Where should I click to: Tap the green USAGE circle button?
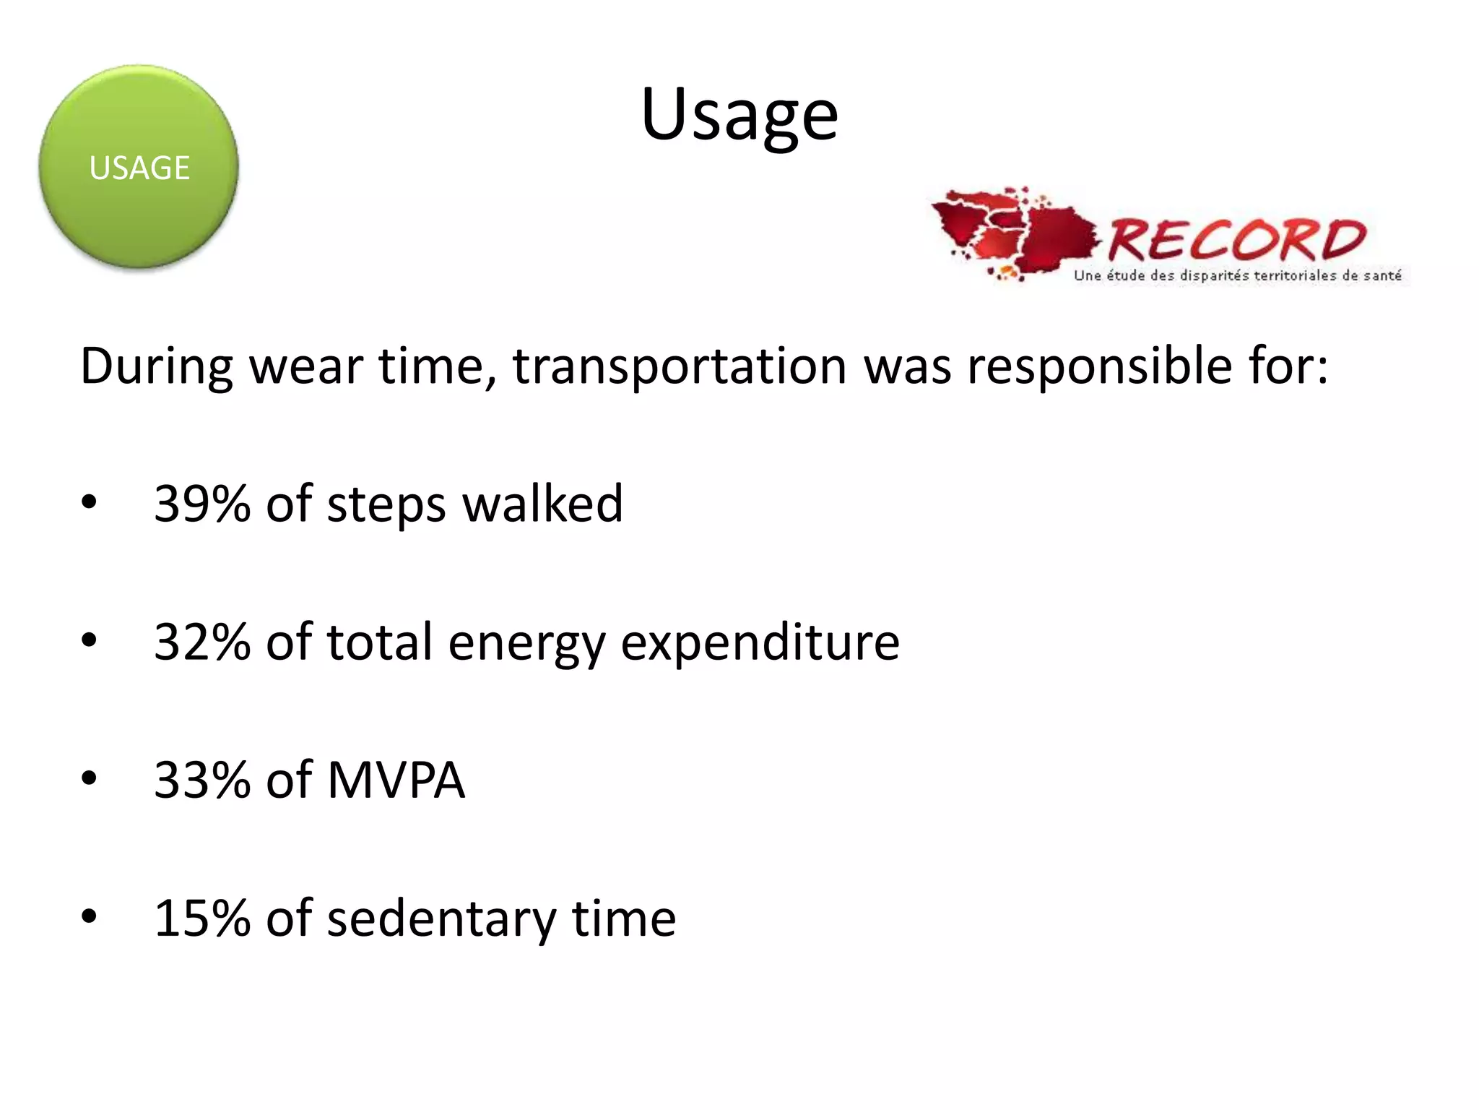point(139,167)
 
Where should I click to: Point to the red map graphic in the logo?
point(1011,230)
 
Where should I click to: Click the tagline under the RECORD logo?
point(1237,275)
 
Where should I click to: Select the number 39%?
point(201,503)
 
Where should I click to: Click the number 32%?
point(201,642)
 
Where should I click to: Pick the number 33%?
point(201,780)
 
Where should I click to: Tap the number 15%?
point(201,918)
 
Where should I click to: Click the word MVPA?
point(396,780)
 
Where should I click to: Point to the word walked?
point(542,503)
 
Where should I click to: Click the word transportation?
point(679,366)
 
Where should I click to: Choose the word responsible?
point(1099,366)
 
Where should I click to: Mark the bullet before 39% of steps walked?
point(89,502)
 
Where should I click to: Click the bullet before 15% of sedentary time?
point(89,916)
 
